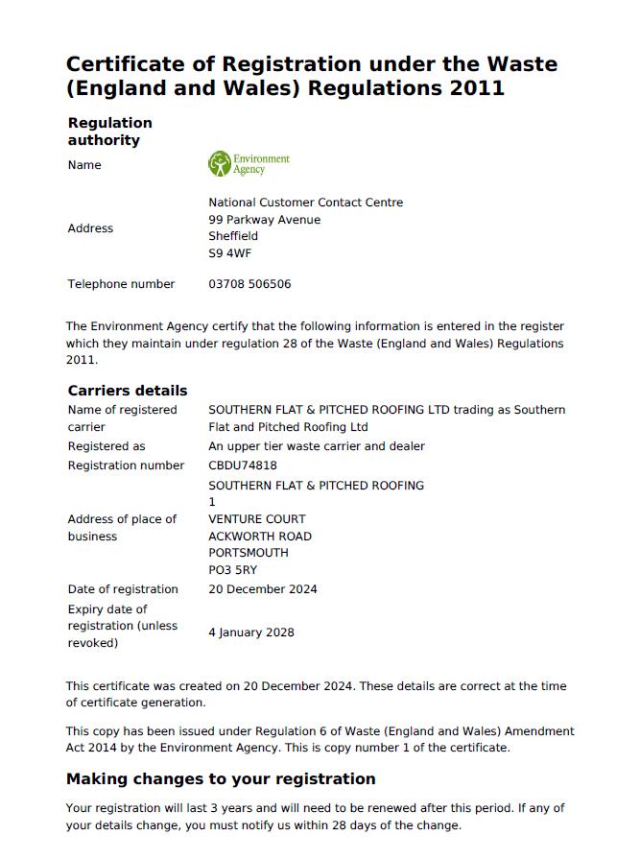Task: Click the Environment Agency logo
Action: [x=249, y=164]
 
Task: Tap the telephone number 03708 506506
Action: [x=249, y=284]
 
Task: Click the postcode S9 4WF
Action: [x=229, y=254]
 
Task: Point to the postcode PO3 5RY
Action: [x=232, y=570]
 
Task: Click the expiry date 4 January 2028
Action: [x=251, y=632]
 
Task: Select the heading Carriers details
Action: [x=128, y=391]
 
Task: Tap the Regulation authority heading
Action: [x=109, y=131]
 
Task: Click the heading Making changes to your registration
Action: [x=221, y=778]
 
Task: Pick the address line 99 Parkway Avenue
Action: [x=265, y=220]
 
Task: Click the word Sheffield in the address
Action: [x=233, y=236]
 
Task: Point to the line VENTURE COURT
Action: [x=257, y=519]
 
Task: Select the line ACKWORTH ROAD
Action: [x=260, y=537]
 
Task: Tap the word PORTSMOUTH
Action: [x=249, y=553]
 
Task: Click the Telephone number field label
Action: [x=121, y=284]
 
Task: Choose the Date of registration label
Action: [x=123, y=589]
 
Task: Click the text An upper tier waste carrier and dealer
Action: [x=317, y=446]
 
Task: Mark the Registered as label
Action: [x=107, y=446]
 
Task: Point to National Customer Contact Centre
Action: [x=305, y=203]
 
